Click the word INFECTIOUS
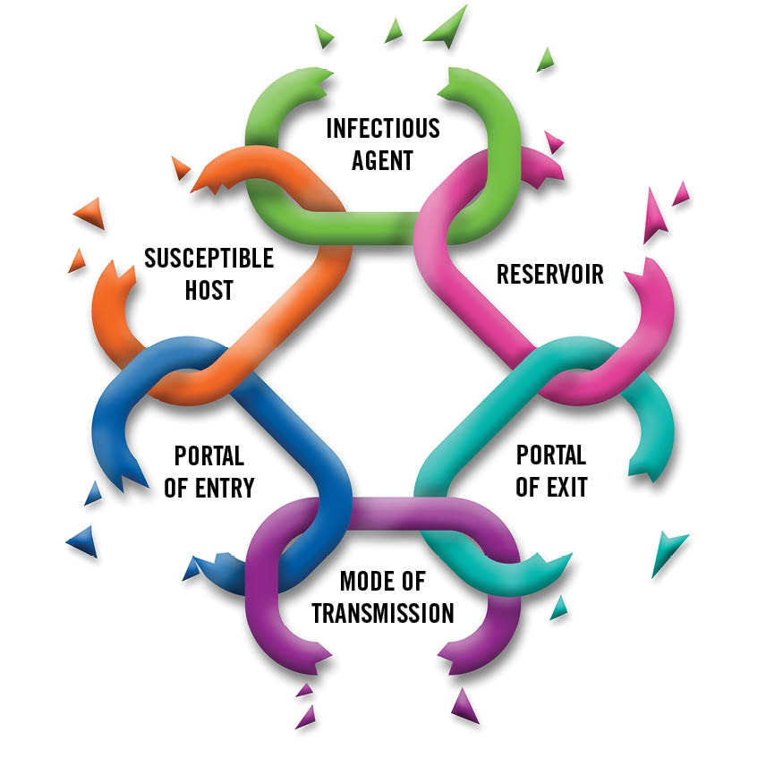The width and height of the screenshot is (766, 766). pos(383,128)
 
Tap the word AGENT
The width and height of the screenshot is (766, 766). pos(383,160)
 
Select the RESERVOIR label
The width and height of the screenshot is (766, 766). pos(550,274)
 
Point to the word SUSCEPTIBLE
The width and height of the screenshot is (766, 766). pos(209,259)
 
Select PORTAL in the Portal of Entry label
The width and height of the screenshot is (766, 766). pos(209,455)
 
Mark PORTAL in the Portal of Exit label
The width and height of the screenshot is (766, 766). pos(551,455)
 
